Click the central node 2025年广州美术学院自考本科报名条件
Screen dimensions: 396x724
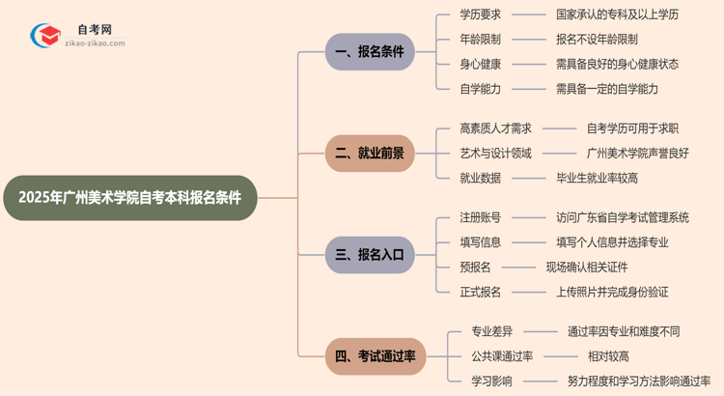pyautogui.click(x=130, y=198)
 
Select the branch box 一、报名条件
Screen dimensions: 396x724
pyautogui.click(x=370, y=52)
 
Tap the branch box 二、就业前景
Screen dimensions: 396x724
pyautogui.click(x=370, y=153)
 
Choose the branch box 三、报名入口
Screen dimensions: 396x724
pyautogui.click(x=370, y=255)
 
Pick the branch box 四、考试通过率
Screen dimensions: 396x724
pyautogui.click(x=376, y=356)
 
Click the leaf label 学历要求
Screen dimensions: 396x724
pyautogui.click(x=480, y=15)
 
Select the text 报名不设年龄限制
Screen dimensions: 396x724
pyautogui.click(x=597, y=40)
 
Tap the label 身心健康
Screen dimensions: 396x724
pyautogui.click(x=480, y=64)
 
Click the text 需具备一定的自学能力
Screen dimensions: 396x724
pyautogui.click(x=607, y=89)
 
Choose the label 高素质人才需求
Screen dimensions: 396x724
pyautogui.click(x=496, y=128)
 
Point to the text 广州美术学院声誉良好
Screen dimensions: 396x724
pyautogui.click(x=638, y=154)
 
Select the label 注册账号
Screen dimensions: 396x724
pyautogui.click(x=480, y=218)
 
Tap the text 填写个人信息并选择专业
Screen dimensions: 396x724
pyautogui.click(x=612, y=242)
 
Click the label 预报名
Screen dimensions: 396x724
pyautogui.click(x=475, y=267)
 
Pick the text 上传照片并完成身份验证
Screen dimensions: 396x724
pyautogui.click(x=612, y=292)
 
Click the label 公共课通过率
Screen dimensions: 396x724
pyautogui.click(x=502, y=356)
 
